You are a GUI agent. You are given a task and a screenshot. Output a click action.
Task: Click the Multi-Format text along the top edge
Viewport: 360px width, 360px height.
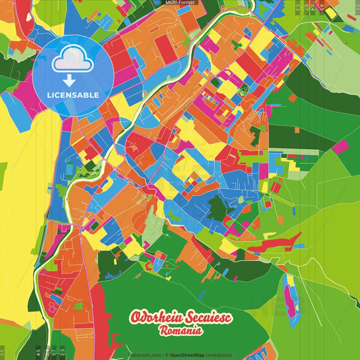click(x=180, y=3)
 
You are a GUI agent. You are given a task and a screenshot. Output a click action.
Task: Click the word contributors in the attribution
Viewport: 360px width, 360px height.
click(x=218, y=355)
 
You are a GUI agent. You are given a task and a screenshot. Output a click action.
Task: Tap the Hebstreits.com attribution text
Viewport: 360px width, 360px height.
click(x=144, y=355)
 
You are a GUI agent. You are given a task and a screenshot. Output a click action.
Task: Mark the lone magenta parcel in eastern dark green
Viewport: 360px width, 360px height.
click(x=340, y=147)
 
